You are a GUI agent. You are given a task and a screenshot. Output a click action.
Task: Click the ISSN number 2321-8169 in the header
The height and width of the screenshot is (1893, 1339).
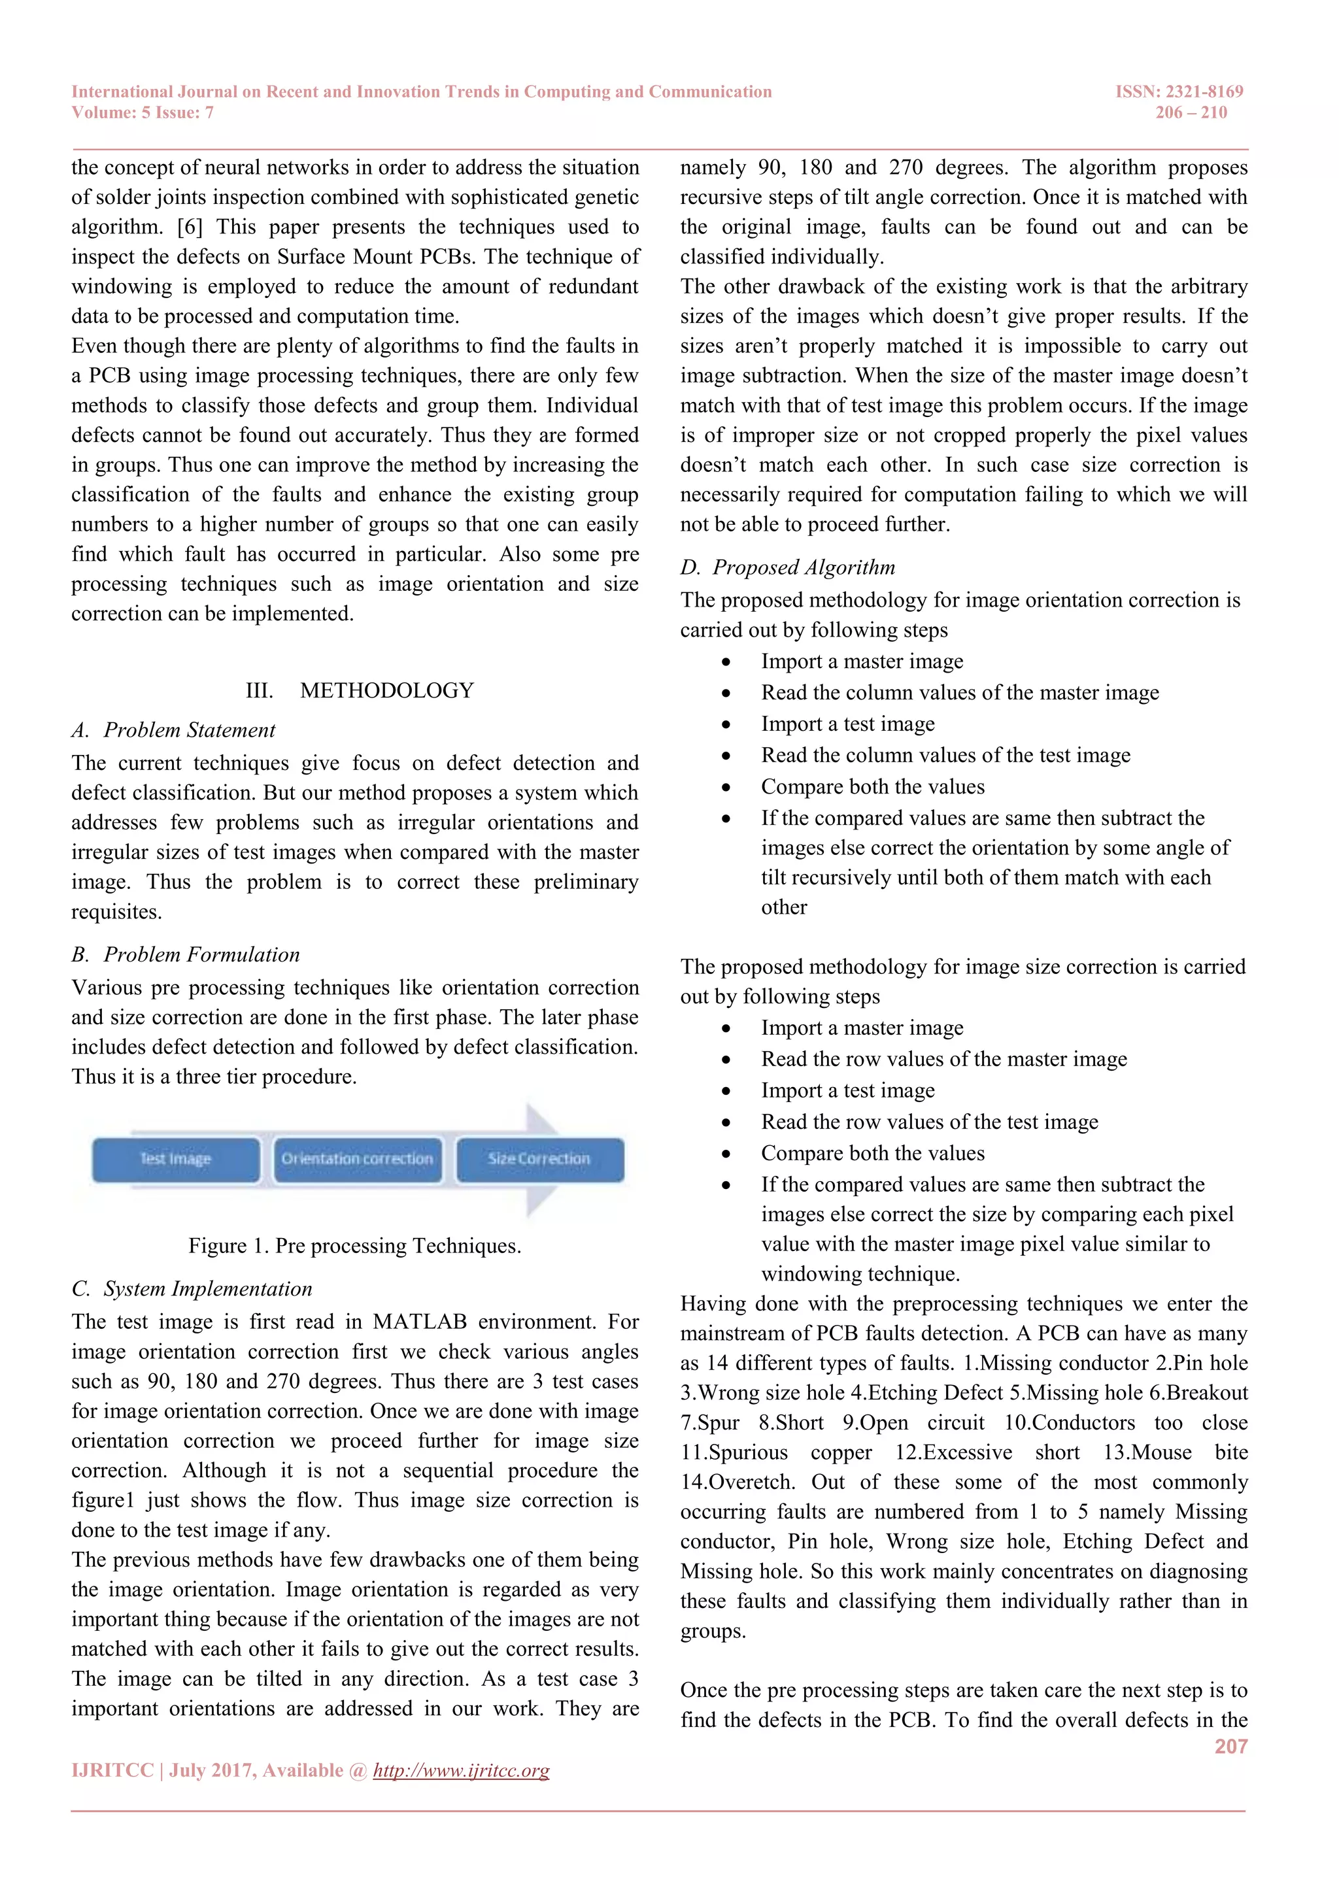[1204, 92]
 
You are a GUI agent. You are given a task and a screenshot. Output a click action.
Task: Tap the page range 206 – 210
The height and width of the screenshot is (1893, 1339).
[1191, 113]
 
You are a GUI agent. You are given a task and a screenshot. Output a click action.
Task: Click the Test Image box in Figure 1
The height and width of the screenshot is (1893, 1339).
[176, 1159]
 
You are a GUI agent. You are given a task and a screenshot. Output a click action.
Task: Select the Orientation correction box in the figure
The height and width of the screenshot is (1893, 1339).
[357, 1159]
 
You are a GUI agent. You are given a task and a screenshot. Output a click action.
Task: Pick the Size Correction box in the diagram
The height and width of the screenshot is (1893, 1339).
[539, 1159]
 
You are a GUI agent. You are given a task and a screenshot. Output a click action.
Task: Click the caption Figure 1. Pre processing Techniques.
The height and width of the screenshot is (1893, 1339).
[354, 1246]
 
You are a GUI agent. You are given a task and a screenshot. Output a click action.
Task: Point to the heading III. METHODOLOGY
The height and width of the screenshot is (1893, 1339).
[360, 690]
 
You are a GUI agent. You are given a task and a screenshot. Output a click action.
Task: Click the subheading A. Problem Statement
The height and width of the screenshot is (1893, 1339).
[174, 731]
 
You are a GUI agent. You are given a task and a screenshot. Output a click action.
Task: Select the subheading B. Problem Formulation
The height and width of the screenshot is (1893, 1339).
[186, 955]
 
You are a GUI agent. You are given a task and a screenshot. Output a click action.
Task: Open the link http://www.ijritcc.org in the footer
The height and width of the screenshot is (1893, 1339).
[461, 1770]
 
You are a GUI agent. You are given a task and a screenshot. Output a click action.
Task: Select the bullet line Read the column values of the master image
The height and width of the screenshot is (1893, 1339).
[960, 693]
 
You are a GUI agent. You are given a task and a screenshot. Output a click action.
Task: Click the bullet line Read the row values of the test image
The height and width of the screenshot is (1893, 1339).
[929, 1122]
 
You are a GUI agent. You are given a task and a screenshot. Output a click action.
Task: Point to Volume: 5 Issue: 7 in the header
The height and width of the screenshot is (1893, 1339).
[143, 113]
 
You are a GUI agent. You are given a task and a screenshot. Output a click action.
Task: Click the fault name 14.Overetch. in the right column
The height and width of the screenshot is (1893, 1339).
[737, 1482]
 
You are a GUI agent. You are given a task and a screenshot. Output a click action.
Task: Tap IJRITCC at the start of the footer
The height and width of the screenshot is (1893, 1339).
[112, 1770]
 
